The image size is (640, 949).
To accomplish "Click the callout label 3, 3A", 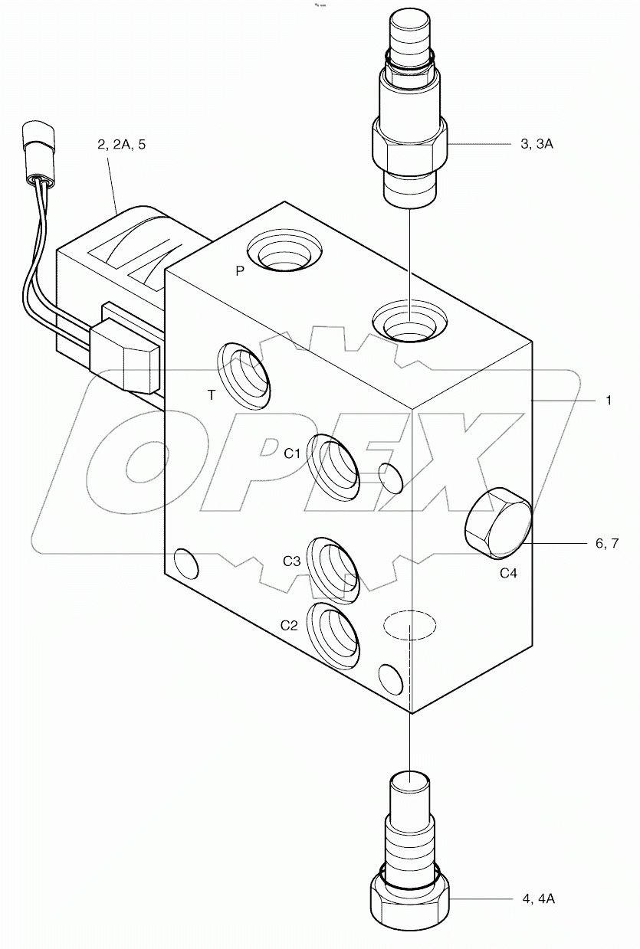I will click(535, 143).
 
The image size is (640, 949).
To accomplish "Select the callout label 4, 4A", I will click(537, 898).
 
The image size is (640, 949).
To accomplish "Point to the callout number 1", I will click(609, 400).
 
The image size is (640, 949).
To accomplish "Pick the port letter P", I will click(240, 271).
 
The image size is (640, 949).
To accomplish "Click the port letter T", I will click(212, 395).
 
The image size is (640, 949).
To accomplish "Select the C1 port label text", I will click(293, 453).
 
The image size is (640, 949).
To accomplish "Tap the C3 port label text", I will click(291, 561).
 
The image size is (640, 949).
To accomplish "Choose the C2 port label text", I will click(288, 625).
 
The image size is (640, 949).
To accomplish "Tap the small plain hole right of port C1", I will click(391, 478).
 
